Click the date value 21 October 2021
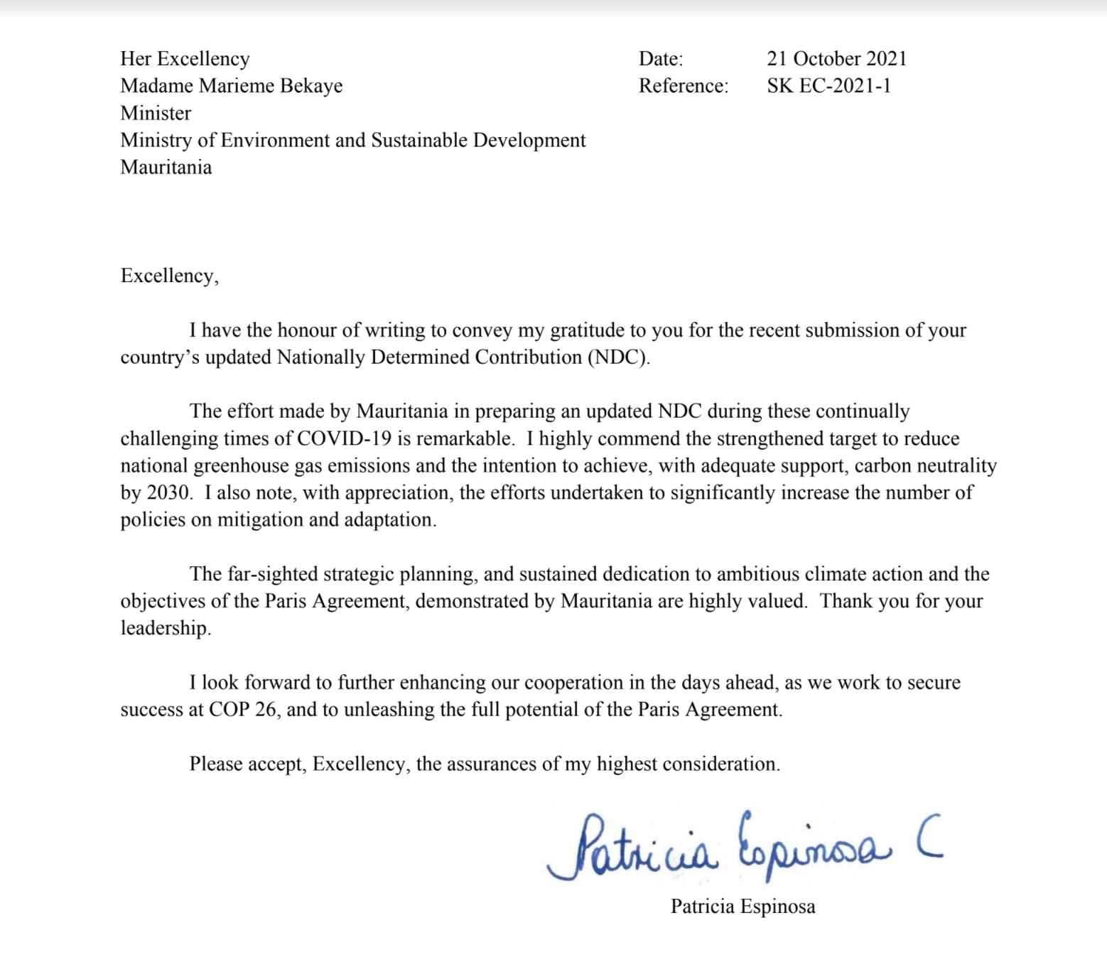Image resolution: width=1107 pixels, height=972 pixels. (836, 58)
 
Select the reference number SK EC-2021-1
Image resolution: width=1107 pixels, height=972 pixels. (828, 86)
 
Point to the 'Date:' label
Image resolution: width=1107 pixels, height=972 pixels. (661, 58)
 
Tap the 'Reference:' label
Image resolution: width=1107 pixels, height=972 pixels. (684, 86)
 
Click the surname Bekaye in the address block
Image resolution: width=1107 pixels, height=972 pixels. (311, 86)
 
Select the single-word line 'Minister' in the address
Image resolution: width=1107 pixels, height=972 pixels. (156, 113)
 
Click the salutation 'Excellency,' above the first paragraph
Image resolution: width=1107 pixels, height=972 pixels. (170, 276)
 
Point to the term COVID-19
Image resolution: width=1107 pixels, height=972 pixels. (344, 438)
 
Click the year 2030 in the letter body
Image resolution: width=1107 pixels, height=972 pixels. (170, 492)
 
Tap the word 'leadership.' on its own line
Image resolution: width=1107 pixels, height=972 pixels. (166, 628)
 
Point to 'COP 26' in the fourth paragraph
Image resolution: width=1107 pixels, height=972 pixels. (242, 709)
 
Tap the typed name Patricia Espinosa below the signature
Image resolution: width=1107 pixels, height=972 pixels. (742, 907)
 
